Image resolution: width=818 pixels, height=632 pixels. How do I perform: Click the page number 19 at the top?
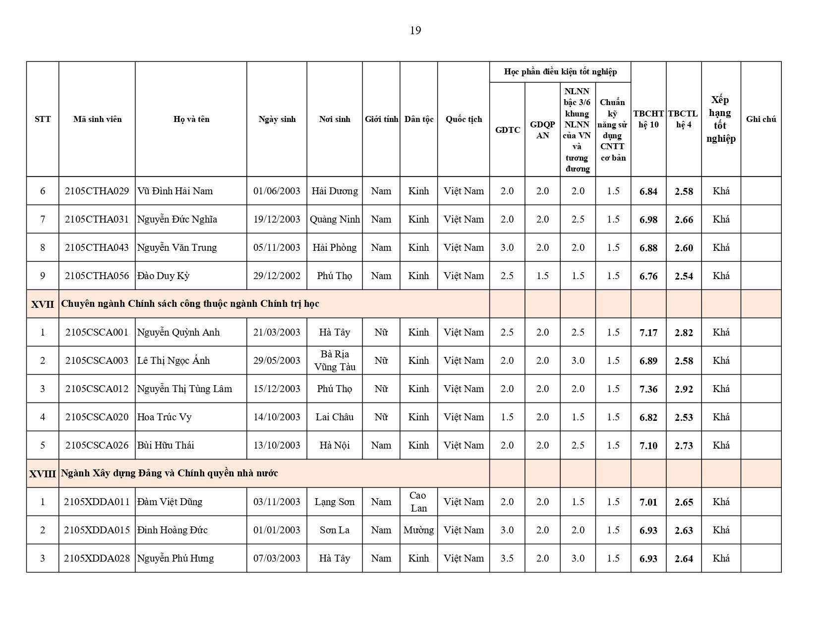(415, 31)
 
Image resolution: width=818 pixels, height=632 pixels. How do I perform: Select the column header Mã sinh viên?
(97, 119)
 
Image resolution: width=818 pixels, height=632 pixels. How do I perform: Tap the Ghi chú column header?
(760, 119)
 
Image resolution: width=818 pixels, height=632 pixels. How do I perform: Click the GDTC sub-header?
(507, 130)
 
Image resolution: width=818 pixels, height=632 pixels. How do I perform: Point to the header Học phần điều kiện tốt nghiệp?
(560, 72)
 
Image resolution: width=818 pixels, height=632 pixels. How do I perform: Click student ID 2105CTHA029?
(97, 191)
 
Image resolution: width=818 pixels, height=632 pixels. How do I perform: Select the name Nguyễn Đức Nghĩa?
(177, 219)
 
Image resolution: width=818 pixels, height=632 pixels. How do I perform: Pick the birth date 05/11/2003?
(277, 247)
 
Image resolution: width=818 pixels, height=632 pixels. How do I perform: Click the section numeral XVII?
(43, 304)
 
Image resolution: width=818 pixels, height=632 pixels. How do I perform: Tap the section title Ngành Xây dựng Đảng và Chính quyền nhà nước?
(169, 473)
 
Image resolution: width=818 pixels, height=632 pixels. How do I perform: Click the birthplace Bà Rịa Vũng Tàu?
(335, 360)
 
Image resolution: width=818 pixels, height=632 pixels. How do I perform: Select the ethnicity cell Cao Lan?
(418, 502)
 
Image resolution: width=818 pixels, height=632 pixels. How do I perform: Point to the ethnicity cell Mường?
(418, 530)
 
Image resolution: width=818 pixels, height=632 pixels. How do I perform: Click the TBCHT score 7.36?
(648, 389)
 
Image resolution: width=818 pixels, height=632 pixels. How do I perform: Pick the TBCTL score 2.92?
(684, 389)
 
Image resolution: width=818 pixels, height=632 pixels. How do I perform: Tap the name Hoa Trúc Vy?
(164, 417)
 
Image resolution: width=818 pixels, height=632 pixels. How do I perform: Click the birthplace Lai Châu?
(335, 417)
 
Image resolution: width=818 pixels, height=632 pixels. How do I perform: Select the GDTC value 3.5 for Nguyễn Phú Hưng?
(507, 558)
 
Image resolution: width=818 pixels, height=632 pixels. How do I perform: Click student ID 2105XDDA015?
(97, 530)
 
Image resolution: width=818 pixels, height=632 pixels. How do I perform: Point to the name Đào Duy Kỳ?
(163, 276)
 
